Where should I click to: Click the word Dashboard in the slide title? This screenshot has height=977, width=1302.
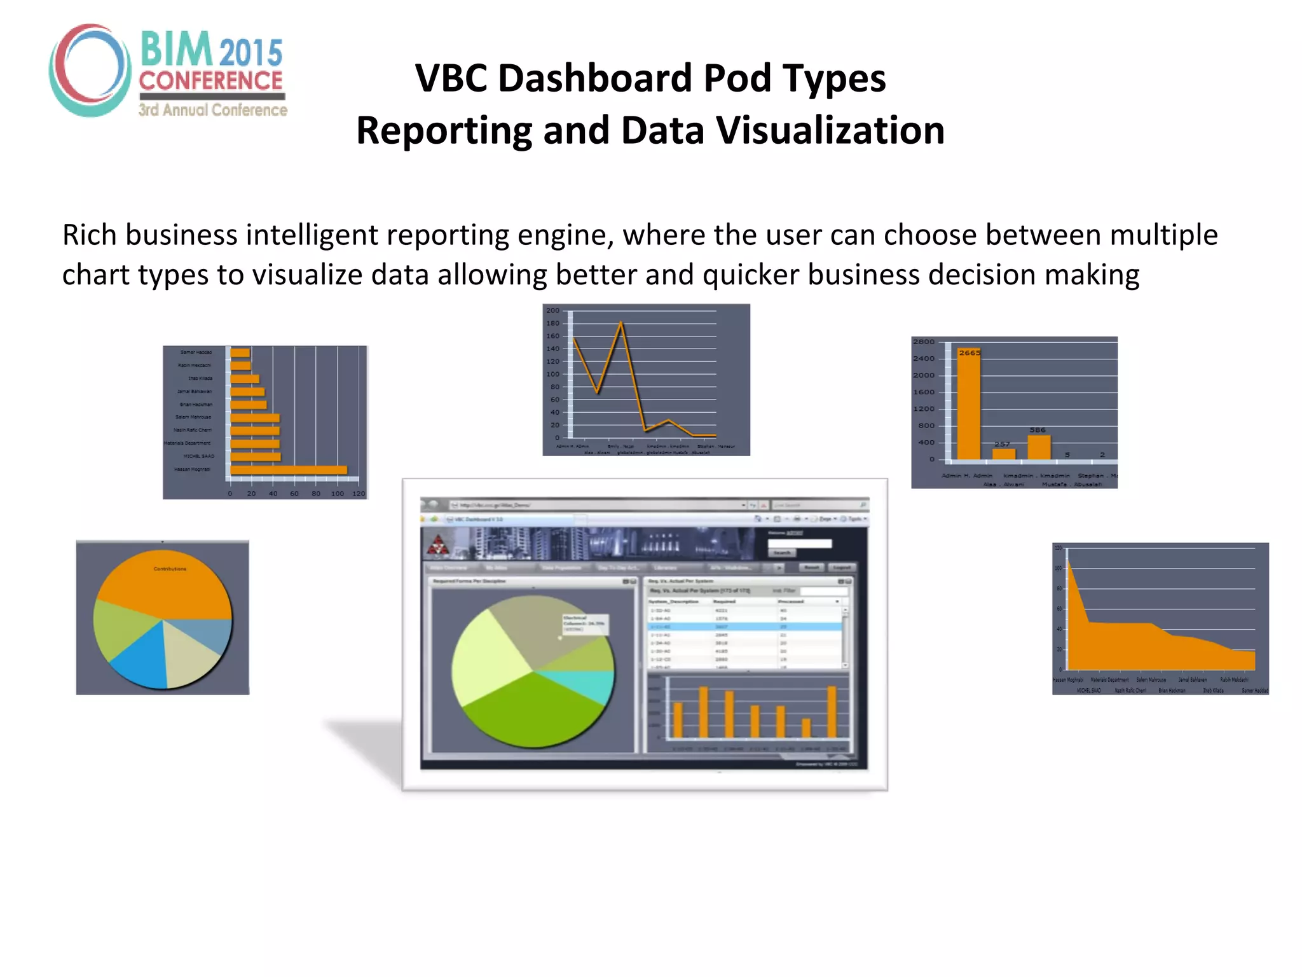[596, 78]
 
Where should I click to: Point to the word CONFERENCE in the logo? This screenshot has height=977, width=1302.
[210, 81]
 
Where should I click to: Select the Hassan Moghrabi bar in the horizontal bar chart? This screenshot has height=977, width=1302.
[289, 470]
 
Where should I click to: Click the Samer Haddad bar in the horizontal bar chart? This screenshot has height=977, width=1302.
[240, 352]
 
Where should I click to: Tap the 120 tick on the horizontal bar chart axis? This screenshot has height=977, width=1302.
[359, 494]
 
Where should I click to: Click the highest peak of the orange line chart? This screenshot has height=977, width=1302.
[621, 324]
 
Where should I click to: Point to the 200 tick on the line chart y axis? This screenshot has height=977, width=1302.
[553, 310]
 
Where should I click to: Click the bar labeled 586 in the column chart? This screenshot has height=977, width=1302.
[1038, 447]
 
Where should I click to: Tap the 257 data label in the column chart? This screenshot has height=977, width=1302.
[1003, 444]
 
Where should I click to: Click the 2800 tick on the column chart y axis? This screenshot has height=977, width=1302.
[923, 342]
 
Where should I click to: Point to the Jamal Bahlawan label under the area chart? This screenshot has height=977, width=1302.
[1192, 680]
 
